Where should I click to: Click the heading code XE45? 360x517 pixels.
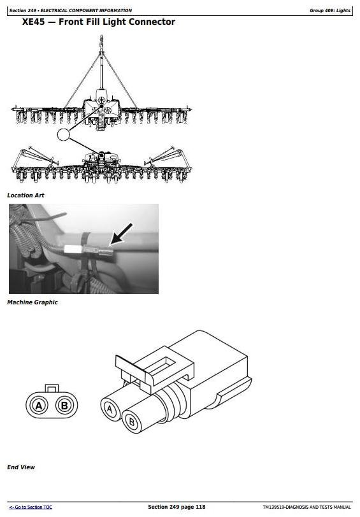coord(33,22)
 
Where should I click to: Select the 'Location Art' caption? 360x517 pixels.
coord(25,195)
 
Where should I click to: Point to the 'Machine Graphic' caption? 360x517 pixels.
coord(32,302)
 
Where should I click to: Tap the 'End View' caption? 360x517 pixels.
coord(21,467)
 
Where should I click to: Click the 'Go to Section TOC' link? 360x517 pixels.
coord(31,507)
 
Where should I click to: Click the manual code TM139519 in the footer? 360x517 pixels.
coord(273,507)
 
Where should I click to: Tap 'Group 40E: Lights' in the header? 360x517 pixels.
coord(329,11)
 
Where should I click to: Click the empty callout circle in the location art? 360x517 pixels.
coord(64,134)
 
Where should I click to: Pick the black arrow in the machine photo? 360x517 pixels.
coord(121,234)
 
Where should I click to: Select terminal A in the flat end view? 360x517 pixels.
coord(39,405)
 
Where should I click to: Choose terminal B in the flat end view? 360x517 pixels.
coord(64,405)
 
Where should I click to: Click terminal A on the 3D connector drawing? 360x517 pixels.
coord(110,409)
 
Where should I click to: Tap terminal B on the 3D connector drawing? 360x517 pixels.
coord(132,421)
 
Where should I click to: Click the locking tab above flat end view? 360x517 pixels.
coord(52,388)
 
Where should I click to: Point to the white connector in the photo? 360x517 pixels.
coord(73,250)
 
